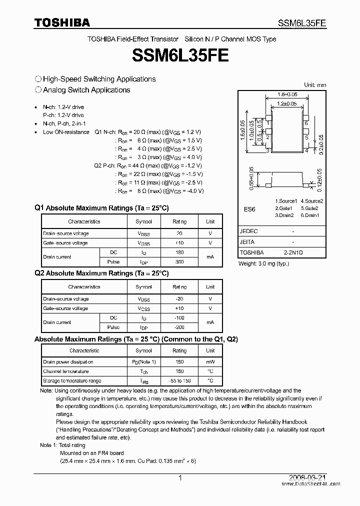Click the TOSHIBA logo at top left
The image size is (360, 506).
62,22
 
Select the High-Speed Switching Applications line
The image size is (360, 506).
99,79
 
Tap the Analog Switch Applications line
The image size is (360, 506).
86,90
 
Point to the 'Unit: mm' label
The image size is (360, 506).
315,85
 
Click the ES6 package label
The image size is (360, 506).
249,209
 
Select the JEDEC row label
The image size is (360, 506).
249,231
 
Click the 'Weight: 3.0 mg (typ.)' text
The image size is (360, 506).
264,263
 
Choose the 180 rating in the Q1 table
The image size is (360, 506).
179,252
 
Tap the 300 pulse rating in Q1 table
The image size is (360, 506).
179,262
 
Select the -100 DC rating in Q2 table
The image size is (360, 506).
179,318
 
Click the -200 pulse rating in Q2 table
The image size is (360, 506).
179,327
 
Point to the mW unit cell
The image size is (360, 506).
210,361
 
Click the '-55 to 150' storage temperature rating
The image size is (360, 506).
179,380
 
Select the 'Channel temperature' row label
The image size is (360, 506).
65,371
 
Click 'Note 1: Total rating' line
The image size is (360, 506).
62,445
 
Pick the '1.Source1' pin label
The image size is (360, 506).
285,201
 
